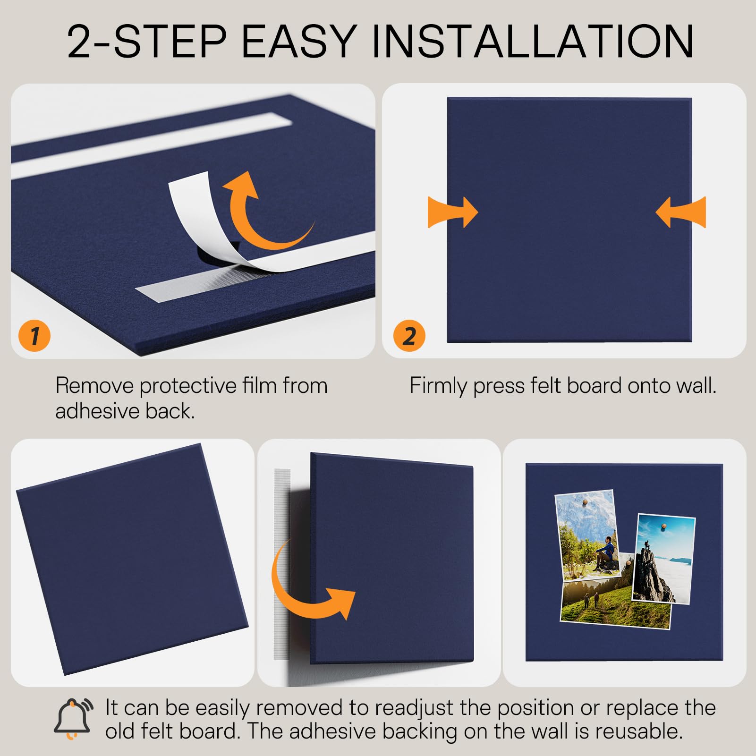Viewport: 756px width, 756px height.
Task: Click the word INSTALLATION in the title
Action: point(533,42)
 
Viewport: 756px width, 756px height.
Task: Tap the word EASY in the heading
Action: point(299,42)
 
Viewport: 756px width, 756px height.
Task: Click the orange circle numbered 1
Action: point(34,336)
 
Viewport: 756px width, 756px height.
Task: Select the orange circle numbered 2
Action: point(409,336)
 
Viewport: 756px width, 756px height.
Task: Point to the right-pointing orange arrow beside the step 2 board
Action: point(453,212)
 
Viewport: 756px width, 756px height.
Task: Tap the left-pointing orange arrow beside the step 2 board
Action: point(681,212)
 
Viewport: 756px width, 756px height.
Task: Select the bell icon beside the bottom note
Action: point(73,718)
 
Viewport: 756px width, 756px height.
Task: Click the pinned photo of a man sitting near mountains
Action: point(587,535)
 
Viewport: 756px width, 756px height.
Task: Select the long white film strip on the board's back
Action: point(151,145)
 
